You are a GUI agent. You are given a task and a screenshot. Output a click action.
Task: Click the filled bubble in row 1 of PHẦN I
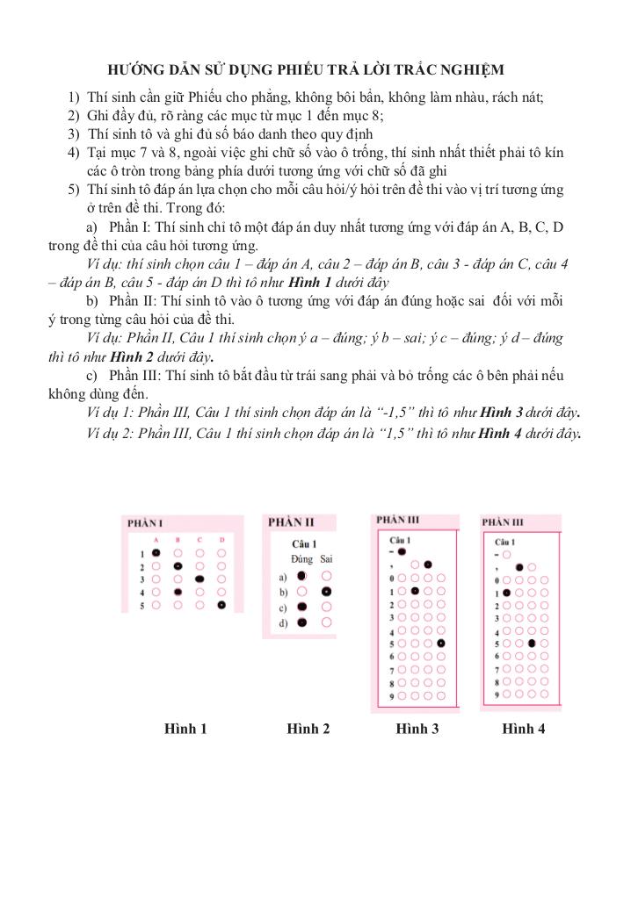click(156, 553)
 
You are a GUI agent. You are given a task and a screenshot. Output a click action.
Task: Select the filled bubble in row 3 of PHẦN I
click(199, 579)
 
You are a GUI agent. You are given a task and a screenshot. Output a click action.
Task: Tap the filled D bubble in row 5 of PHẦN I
click(221, 605)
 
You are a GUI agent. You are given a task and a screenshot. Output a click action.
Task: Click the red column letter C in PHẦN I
click(199, 539)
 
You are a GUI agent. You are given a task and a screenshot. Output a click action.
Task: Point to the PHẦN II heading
click(291, 521)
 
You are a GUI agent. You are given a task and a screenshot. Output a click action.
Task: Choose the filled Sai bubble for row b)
click(327, 592)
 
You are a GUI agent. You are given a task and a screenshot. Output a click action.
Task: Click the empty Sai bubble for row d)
click(327, 622)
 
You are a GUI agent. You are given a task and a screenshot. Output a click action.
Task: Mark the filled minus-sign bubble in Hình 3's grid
click(402, 552)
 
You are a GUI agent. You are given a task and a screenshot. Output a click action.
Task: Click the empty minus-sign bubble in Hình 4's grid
click(506, 555)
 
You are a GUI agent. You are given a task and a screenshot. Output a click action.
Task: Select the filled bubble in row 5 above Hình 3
click(440, 644)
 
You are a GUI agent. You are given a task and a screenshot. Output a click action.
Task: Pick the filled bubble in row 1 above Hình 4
click(506, 593)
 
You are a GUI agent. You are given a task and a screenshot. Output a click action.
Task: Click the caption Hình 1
click(185, 728)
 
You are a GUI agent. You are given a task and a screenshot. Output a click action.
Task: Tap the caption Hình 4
click(524, 728)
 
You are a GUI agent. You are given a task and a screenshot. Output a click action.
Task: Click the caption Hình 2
click(308, 728)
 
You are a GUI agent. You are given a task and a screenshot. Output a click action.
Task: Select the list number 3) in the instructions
click(74, 134)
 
